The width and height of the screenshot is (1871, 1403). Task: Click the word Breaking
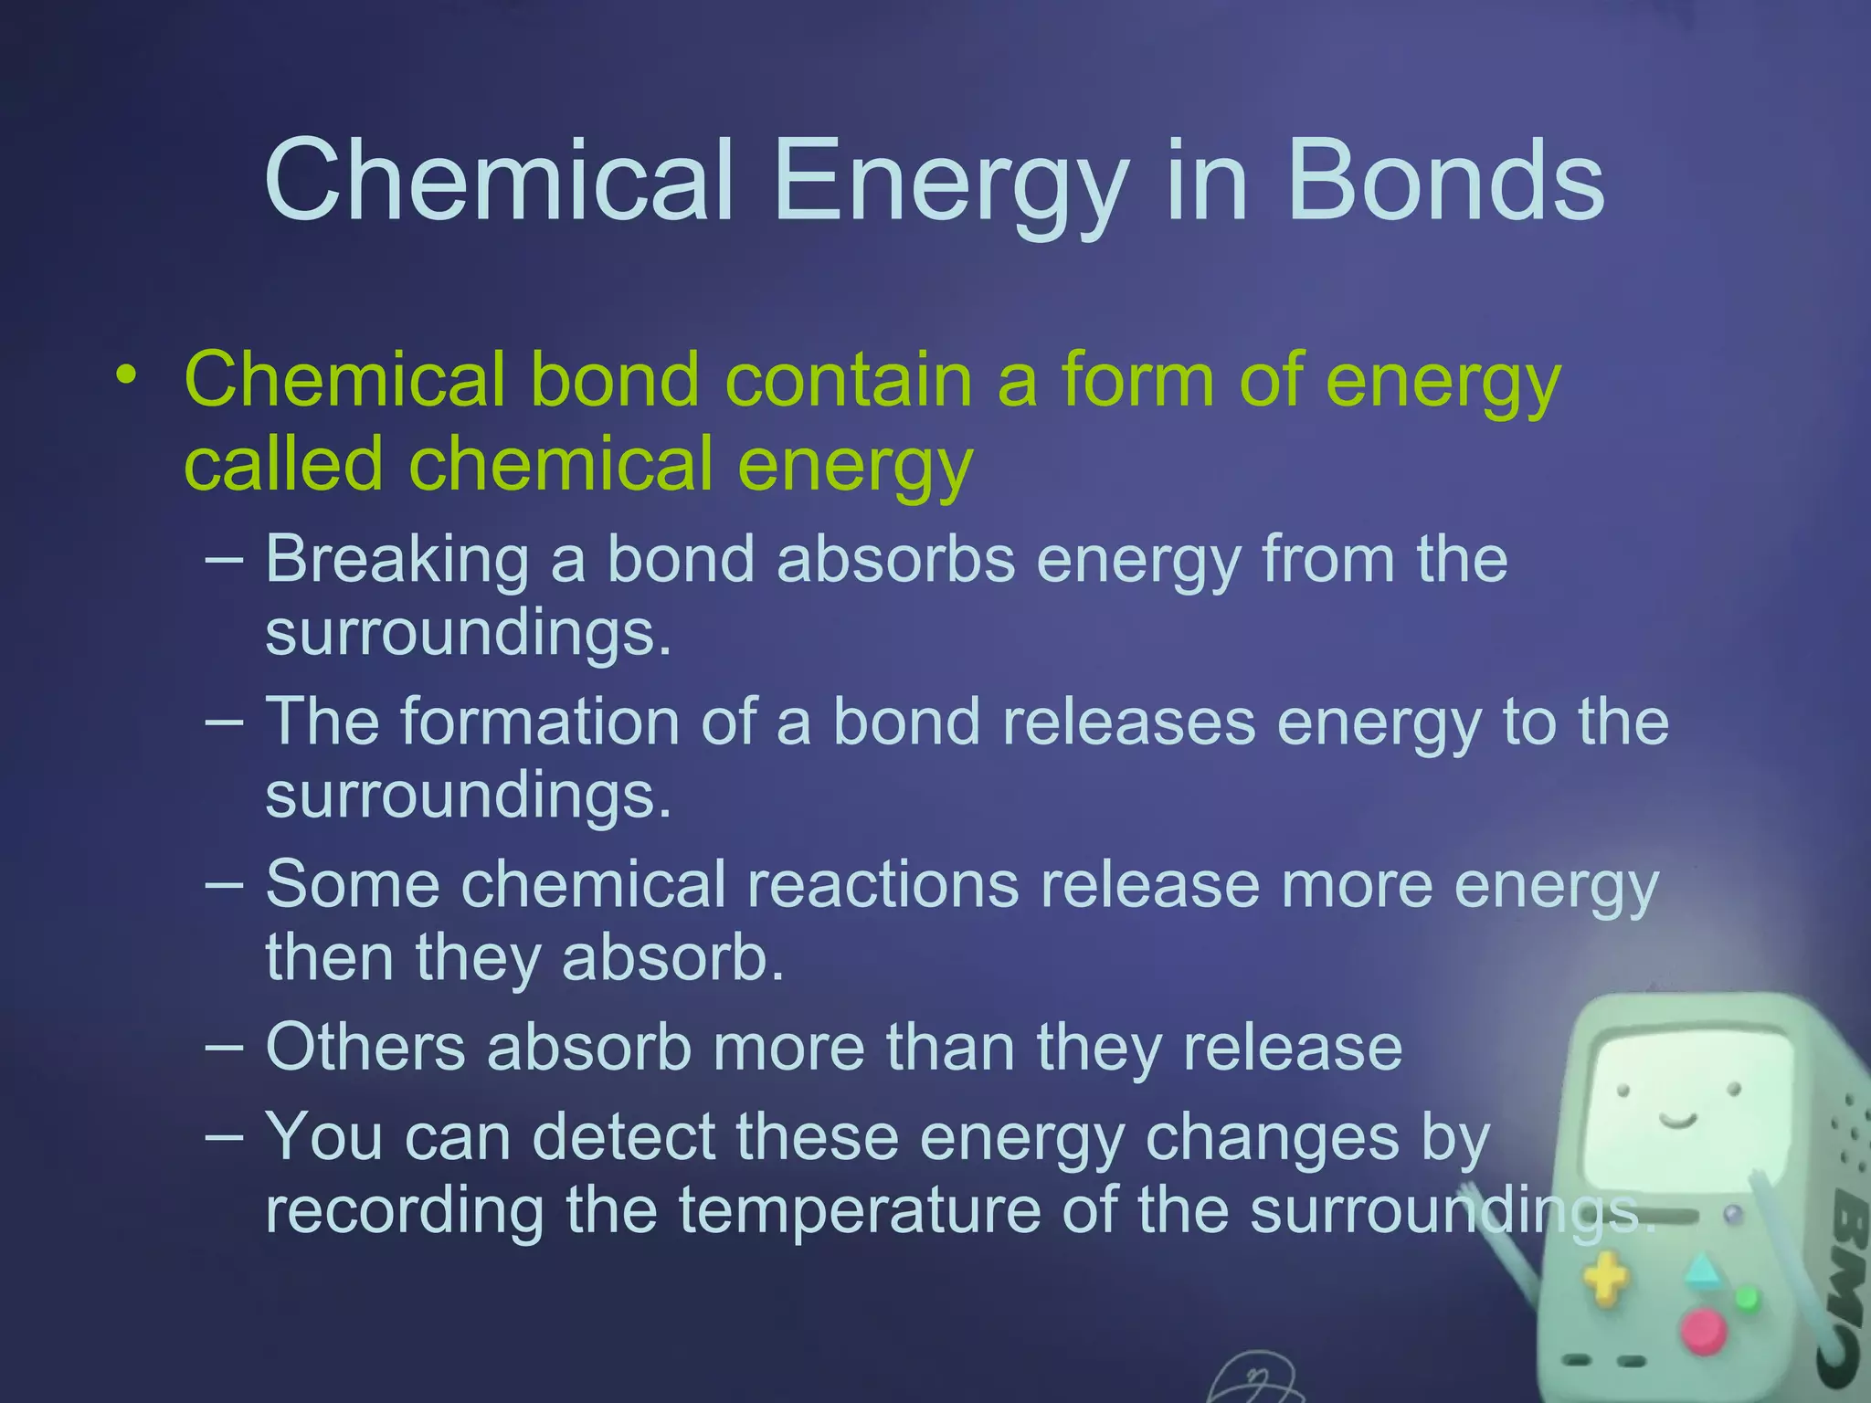[x=396, y=558]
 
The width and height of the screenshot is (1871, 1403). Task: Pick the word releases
[x=1129, y=722]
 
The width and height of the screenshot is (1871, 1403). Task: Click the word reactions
[x=883, y=884]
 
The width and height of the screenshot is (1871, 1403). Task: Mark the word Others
[x=365, y=1047]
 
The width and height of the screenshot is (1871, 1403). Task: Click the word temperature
[x=859, y=1209]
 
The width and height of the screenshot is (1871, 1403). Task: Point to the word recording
[x=405, y=1209]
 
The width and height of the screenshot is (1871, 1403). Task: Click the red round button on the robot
[x=1703, y=1331]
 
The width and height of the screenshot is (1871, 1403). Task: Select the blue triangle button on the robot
[x=1701, y=1271]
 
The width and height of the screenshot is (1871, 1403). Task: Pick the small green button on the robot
[x=1746, y=1297]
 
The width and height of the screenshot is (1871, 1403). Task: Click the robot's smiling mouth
[x=1677, y=1120]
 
